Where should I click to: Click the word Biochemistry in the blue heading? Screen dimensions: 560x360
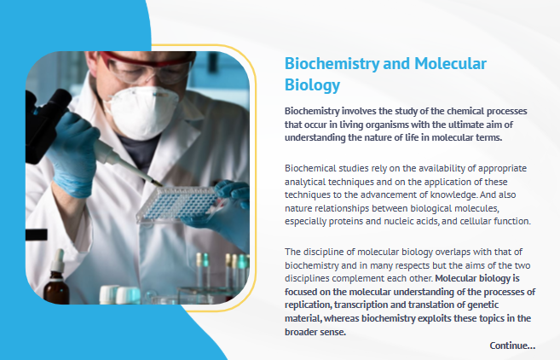click(332, 64)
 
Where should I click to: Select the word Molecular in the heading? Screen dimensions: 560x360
click(450, 64)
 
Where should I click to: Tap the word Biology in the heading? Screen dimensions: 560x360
click(312, 86)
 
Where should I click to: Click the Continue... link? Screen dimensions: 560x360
click(512, 345)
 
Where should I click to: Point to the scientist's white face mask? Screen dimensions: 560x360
click(143, 112)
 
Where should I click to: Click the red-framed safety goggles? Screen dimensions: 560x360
click(148, 67)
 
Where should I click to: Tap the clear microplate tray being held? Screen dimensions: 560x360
click(177, 204)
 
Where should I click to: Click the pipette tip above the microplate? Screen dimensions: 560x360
click(157, 183)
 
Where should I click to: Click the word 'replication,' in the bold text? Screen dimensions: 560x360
click(308, 305)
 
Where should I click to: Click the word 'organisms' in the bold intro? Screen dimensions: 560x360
click(387, 125)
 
